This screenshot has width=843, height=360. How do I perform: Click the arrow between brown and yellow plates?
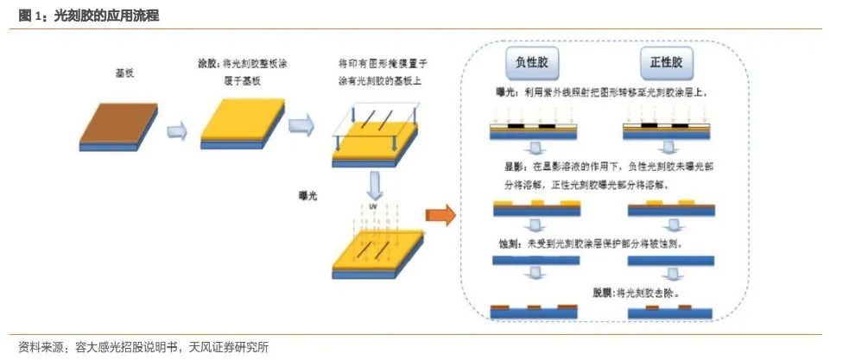(177, 129)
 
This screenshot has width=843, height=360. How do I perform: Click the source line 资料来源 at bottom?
(138, 348)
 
